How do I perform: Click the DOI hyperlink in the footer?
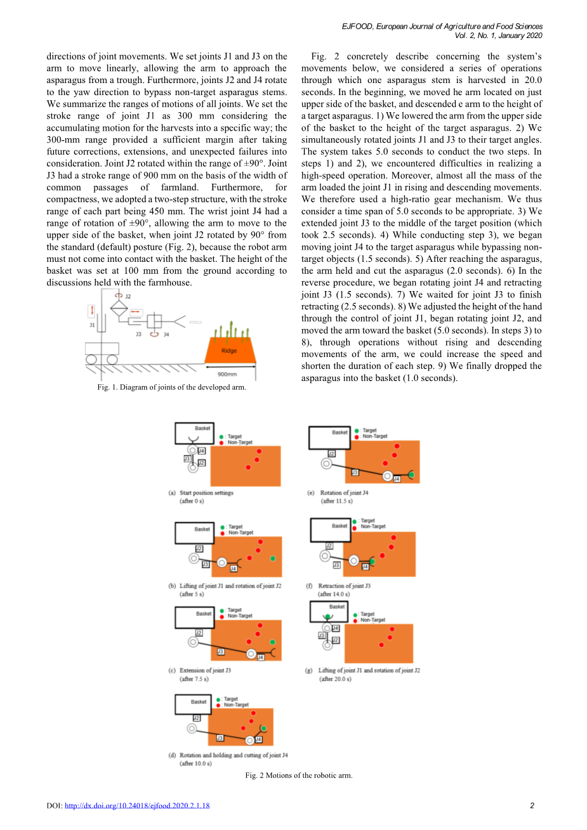pos(137,806)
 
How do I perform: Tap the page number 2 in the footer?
pos(532,806)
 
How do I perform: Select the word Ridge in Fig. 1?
pos(229,351)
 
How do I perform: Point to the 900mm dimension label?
pos(227,374)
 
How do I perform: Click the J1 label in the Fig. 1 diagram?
pos(92,325)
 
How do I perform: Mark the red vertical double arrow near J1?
pos(92,310)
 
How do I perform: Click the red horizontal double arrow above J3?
pos(136,312)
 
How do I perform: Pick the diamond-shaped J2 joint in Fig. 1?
pos(119,309)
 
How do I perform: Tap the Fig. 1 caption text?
pos(171,387)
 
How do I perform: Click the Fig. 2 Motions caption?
pos(298,775)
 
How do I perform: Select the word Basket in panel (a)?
pos(202,428)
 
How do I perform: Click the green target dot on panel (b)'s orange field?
pos(273,558)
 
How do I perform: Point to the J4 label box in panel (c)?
pos(260,658)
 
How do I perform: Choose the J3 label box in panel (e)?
pos(355,472)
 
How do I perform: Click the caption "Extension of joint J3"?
pos(205,670)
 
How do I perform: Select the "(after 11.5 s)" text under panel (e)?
pos(336,501)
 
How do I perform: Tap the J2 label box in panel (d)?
pos(197,718)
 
